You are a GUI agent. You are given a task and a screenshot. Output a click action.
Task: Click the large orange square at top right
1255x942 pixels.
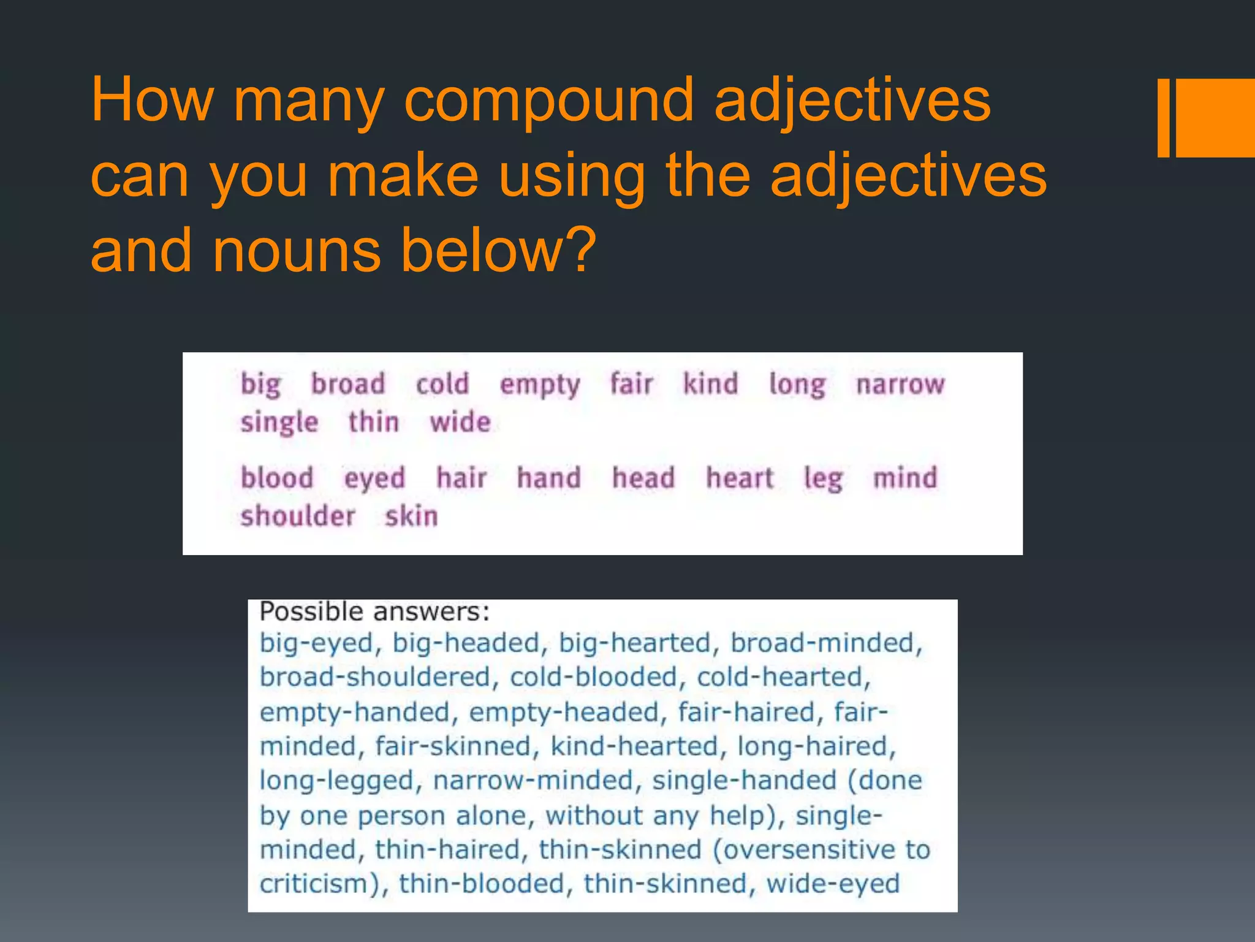[x=1216, y=118]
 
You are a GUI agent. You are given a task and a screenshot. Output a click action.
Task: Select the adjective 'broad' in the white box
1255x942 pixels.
[x=348, y=385]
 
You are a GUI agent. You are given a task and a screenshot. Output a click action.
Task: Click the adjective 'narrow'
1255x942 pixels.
[x=900, y=385]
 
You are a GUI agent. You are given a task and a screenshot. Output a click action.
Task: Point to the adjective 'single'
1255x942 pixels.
[x=279, y=423]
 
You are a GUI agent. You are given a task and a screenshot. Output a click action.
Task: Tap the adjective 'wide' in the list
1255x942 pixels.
[x=460, y=423]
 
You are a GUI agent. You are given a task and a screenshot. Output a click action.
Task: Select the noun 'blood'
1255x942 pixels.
[x=277, y=478]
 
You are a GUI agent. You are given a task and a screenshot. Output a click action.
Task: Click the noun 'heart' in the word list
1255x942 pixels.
[x=740, y=478]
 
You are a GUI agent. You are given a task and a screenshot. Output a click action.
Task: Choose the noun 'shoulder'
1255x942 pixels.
[x=298, y=516]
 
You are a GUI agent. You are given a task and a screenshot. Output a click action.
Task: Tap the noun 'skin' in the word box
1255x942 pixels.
[x=411, y=516]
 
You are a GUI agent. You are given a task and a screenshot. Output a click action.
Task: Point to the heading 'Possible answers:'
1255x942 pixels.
[x=374, y=612]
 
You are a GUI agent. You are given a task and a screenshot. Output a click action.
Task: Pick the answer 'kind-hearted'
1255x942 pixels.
[x=634, y=747]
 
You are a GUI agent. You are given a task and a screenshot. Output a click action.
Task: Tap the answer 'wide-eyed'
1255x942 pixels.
[x=833, y=884]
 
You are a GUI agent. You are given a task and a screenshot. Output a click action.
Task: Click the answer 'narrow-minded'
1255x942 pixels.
[x=533, y=781]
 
